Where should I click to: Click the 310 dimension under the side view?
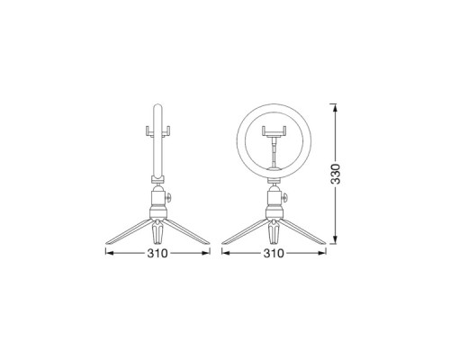(157, 255)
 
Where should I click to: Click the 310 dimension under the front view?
(274, 255)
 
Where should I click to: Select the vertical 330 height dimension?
(337, 173)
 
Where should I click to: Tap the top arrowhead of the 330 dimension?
(337, 108)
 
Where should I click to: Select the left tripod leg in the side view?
(129, 230)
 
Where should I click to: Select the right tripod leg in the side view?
(186, 230)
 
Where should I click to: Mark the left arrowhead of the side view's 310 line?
(109, 255)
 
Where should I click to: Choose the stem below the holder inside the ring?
(274, 155)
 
